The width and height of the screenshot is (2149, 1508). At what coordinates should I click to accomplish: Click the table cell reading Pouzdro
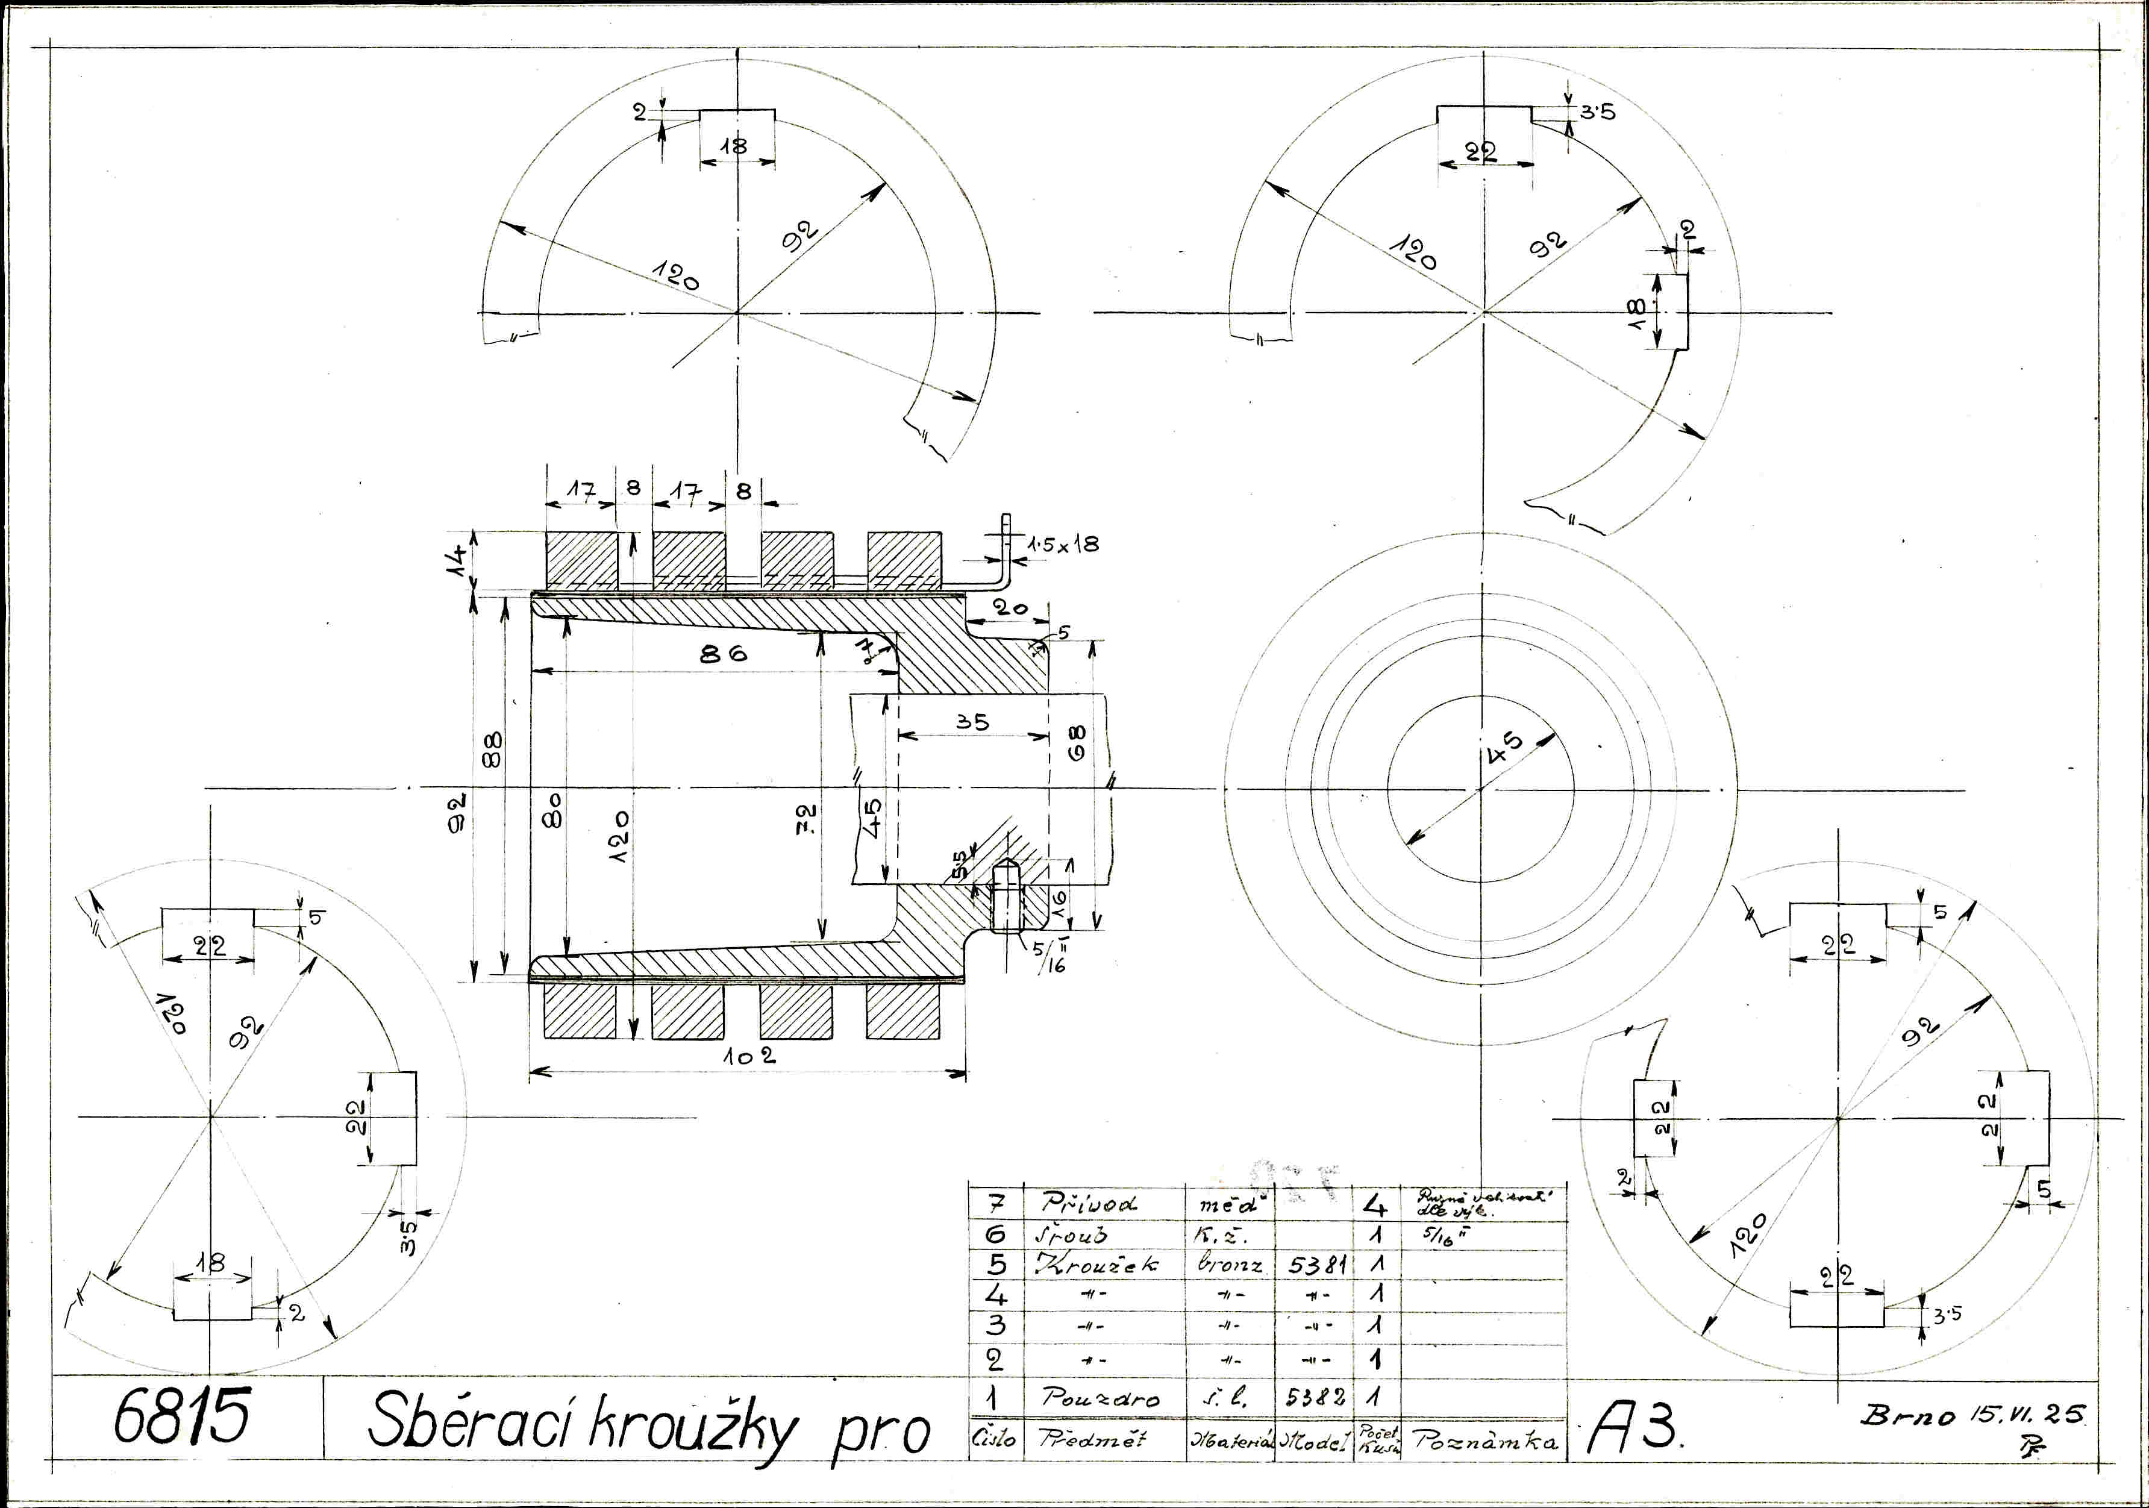(x=1100, y=1398)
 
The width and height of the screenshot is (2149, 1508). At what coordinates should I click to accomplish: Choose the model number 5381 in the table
(x=1317, y=1266)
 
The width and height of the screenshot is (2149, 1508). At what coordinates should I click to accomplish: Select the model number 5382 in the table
(x=1316, y=1398)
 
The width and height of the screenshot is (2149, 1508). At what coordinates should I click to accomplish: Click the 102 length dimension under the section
(x=749, y=1056)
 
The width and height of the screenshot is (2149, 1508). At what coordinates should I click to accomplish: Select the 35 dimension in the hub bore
(x=972, y=722)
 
